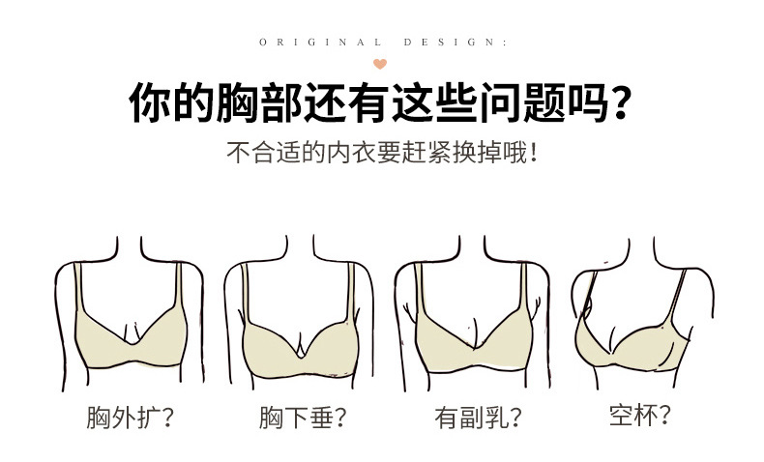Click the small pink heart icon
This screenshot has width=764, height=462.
380,64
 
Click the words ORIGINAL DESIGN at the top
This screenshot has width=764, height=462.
383,43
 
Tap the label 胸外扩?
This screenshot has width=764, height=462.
131,419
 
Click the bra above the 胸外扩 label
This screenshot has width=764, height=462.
132,333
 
